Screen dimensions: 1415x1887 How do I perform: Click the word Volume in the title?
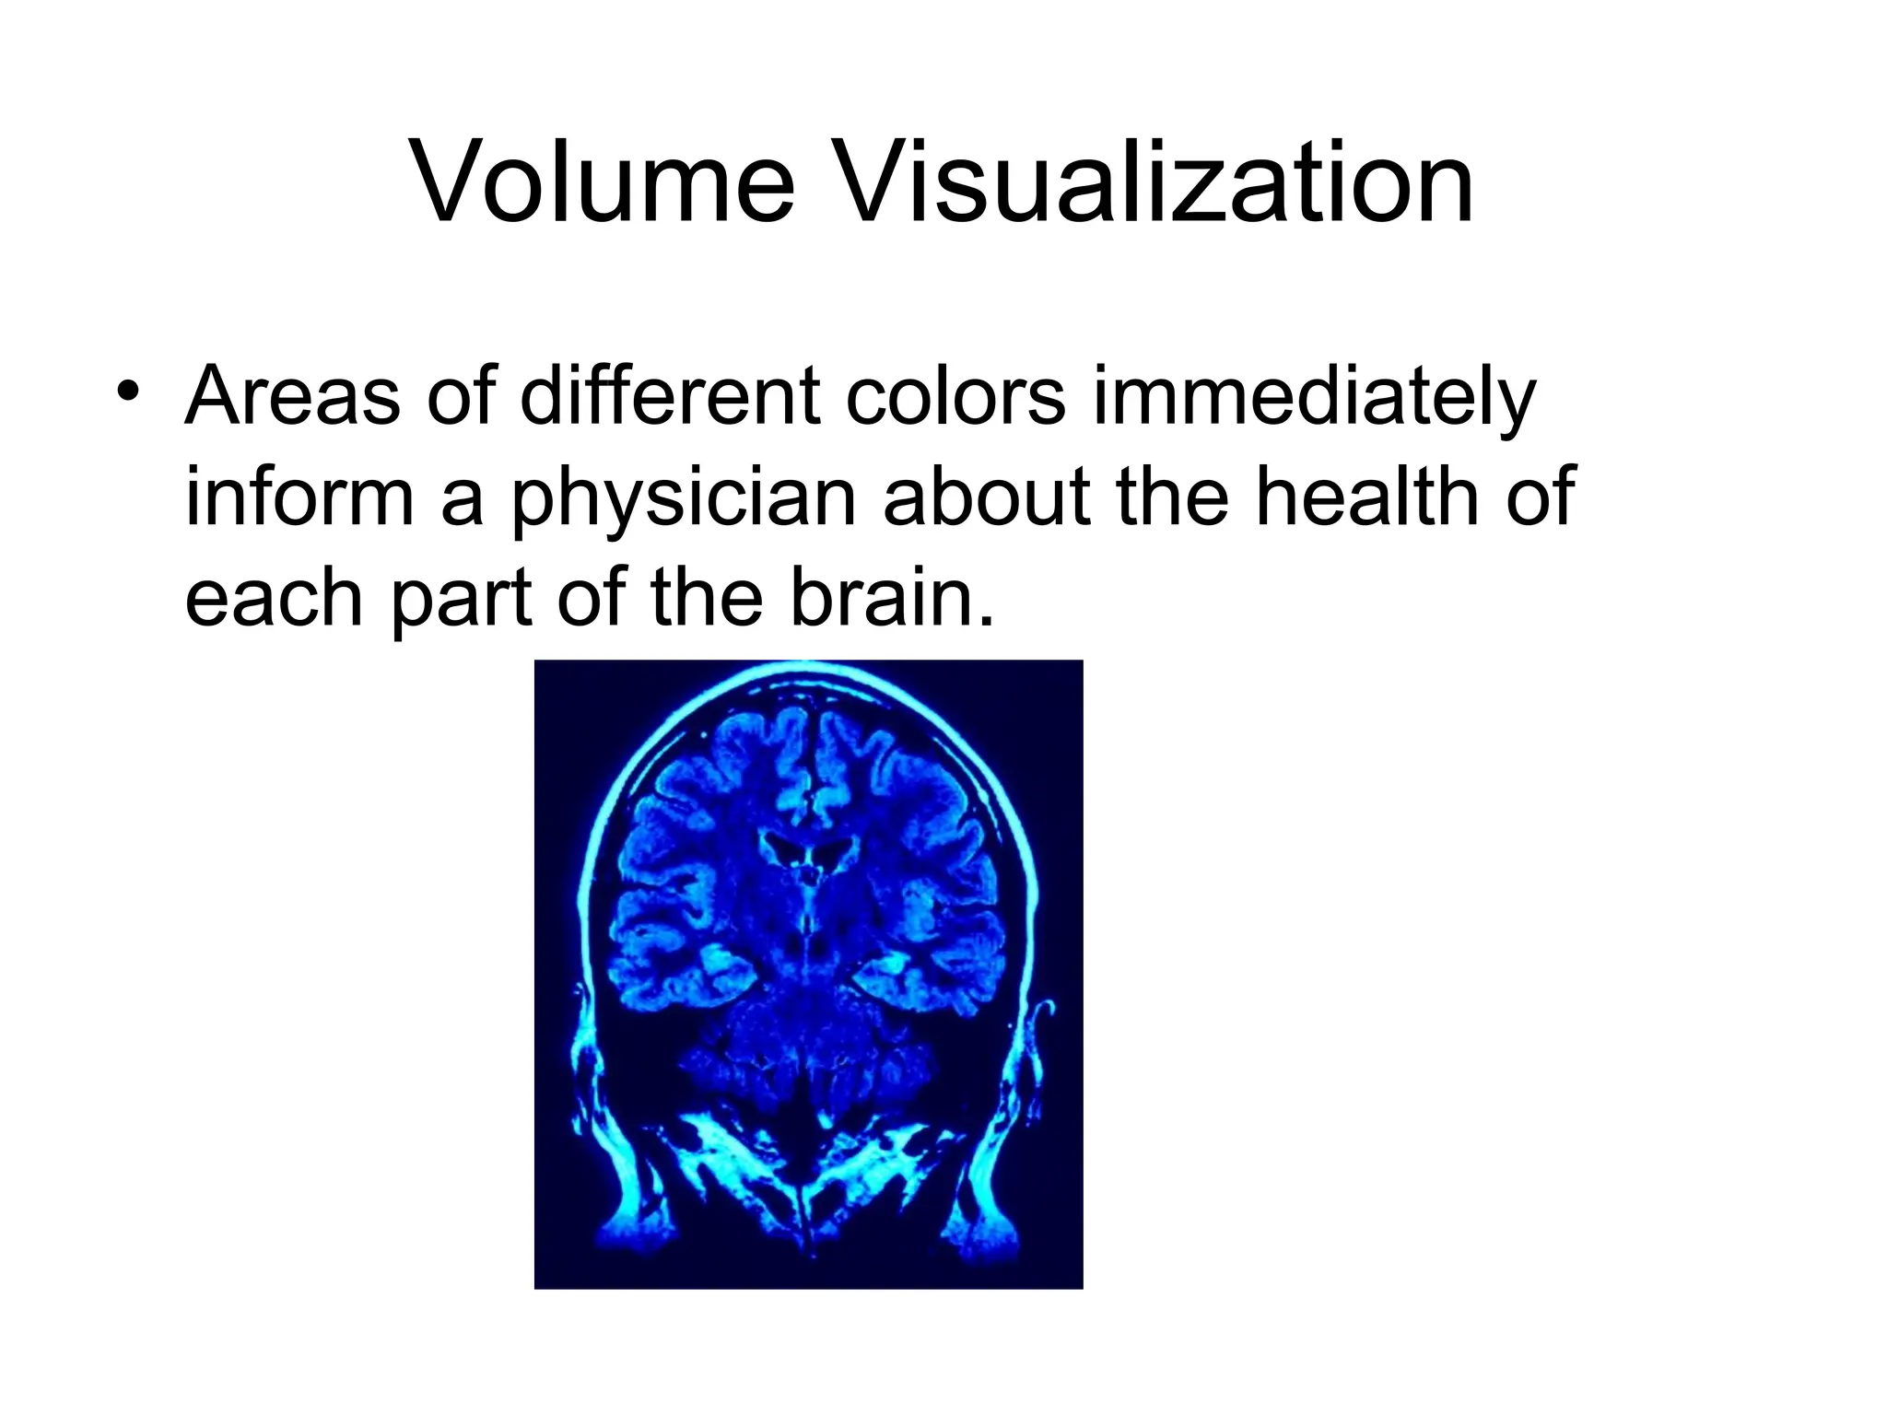tap(602, 183)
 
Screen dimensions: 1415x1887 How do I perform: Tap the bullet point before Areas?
tap(127, 388)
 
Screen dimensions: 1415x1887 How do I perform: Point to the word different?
tap(670, 397)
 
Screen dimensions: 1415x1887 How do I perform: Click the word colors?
tap(955, 397)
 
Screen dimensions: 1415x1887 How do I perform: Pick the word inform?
tap(299, 497)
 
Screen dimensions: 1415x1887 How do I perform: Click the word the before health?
tap(1172, 497)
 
